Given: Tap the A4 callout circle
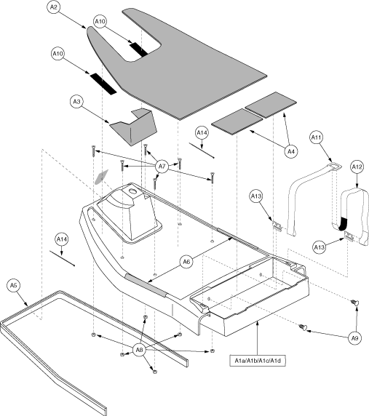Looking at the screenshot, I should click(x=290, y=151).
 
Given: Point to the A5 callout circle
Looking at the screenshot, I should click(x=15, y=286).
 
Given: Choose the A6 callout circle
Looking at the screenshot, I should click(x=186, y=261).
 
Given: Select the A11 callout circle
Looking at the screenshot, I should click(x=316, y=136).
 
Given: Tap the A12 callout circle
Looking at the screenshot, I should click(x=357, y=167).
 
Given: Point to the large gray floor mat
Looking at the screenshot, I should click(x=197, y=65).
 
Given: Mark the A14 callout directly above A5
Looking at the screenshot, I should click(x=63, y=239).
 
